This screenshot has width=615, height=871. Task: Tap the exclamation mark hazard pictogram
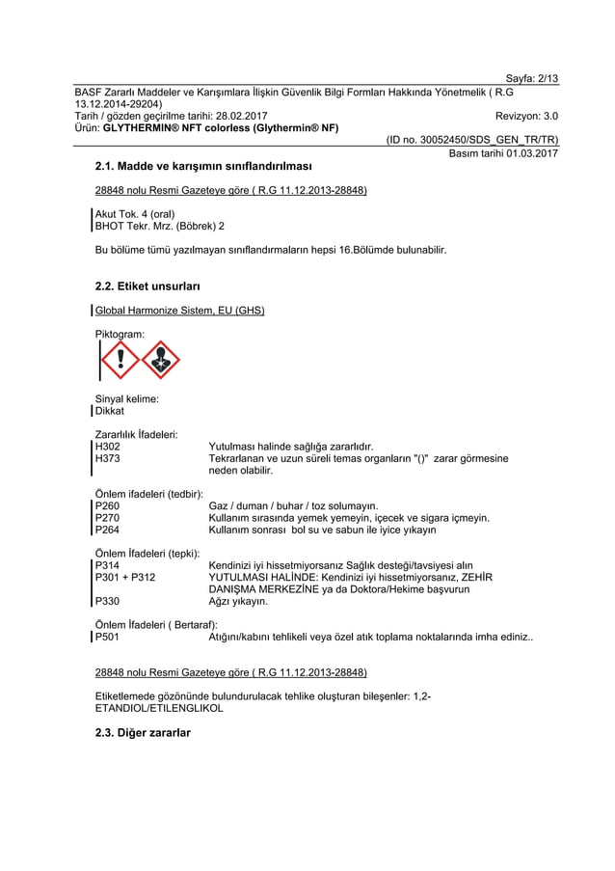tap(120, 361)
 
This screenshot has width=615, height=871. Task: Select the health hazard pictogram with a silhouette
tap(161, 361)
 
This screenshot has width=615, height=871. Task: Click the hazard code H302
tap(108, 447)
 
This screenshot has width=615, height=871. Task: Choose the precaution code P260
tap(108, 505)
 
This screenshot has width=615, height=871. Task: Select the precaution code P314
tap(108, 565)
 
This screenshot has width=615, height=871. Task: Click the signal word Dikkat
tap(110, 411)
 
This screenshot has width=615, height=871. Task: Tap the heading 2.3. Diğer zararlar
tap(144, 733)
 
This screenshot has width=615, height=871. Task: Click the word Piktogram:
tap(120, 334)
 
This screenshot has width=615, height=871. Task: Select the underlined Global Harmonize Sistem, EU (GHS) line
tap(179, 311)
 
